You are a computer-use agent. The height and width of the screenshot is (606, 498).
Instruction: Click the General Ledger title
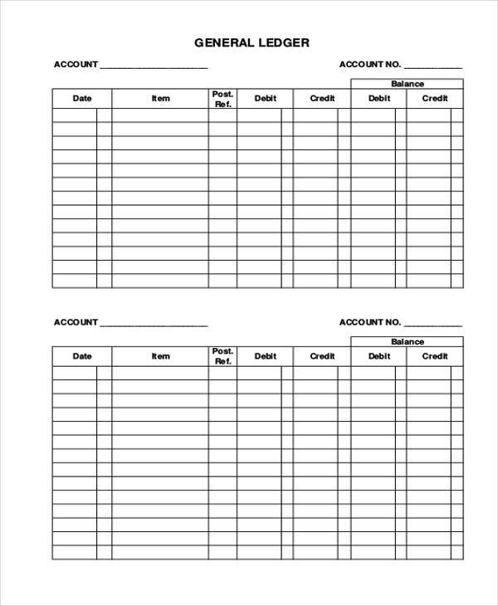point(251,42)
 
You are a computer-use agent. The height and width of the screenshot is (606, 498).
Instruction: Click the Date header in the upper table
point(82,99)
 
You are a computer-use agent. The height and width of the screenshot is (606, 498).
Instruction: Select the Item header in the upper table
point(160,99)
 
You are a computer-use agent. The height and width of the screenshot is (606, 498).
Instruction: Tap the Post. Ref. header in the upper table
point(222,99)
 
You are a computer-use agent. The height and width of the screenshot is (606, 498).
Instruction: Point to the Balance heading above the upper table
point(408,84)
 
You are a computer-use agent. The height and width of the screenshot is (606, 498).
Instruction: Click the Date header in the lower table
point(82,357)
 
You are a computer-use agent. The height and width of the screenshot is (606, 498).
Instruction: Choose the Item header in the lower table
point(160,357)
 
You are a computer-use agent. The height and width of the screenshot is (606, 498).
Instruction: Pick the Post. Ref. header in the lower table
point(222,357)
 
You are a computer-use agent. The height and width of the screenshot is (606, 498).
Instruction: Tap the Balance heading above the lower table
point(408,342)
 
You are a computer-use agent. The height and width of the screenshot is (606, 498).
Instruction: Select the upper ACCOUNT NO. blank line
point(432,66)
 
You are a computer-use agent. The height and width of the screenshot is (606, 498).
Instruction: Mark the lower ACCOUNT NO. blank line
point(432,324)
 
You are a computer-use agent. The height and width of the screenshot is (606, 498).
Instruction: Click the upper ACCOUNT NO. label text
point(370,65)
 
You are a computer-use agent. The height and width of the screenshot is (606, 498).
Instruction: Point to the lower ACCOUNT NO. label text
point(370,322)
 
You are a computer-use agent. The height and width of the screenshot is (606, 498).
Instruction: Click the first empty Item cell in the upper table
point(160,115)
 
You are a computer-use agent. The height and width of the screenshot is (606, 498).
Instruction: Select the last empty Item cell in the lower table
point(160,552)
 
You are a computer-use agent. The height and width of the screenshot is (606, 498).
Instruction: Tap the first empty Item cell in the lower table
point(160,374)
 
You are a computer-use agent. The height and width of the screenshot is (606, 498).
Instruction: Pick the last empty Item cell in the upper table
point(160,281)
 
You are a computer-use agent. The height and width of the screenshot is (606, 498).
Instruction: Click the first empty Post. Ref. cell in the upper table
point(222,115)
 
